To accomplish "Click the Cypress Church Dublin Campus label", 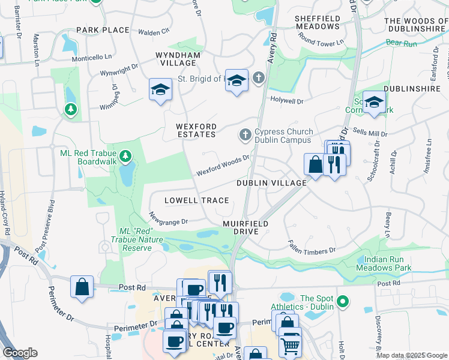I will pyautogui.click(x=283, y=136).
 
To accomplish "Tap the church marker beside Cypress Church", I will pyautogui.click(x=245, y=136).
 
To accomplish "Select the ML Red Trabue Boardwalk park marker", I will pyautogui.click(x=125, y=157).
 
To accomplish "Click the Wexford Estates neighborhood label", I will pyautogui.click(x=196, y=130).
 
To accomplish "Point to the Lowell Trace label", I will pyautogui.click(x=197, y=200).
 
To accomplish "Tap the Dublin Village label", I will pyautogui.click(x=271, y=183).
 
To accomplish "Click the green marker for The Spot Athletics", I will pyautogui.click(x=343, y=301).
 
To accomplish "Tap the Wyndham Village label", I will pyautogui.click(x=176, y=59).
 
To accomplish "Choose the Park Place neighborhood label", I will pyautogui.click(x=103, y=30).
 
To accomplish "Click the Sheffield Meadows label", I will pyautogui.click(x=318, y=23).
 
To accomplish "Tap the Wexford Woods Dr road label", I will pyautogui.click(x=223, y=166).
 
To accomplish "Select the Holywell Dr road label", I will pyautogui.click(x=287, y=99).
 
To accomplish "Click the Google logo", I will pyautogui.click(x=20, y=353).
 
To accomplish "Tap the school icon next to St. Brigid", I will pyautogui.click(x=237, y=80).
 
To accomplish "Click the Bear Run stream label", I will pyautogui.click(x=401, y=43).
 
